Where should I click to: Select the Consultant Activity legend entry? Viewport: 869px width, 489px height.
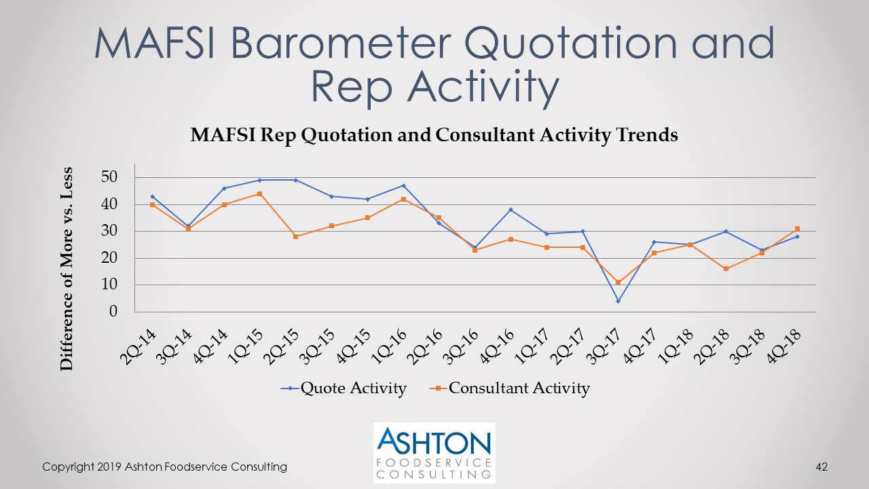point(510,388)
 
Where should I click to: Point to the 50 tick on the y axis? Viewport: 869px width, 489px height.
point(109,177)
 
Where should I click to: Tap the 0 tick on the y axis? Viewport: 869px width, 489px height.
point(113,312)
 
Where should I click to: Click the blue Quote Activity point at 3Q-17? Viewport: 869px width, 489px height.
point(618,301)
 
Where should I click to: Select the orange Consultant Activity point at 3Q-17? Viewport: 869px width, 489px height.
point(618,282)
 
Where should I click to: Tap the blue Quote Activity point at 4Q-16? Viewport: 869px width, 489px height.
point(511,210)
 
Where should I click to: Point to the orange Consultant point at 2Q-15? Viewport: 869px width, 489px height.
point(295,236)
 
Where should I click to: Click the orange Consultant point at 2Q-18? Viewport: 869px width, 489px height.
point(726,269)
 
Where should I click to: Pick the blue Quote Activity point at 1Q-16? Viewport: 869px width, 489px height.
point(403,185)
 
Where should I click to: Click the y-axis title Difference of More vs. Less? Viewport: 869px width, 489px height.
point(67,268)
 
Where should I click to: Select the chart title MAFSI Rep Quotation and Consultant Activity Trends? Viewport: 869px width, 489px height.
point(434,135)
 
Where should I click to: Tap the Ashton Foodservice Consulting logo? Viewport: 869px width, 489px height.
point(434,452)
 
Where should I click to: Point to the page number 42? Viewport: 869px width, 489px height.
point(821,467)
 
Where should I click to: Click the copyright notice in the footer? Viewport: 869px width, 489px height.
point(164,467)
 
